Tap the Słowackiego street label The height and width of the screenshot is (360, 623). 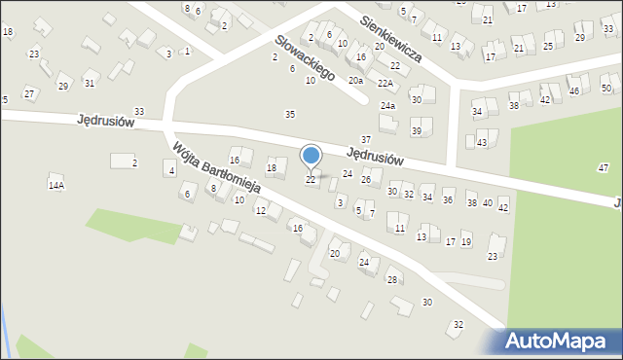[305, 57]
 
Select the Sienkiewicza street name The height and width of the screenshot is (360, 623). [389, 38]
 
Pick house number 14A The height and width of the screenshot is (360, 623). [55, 185]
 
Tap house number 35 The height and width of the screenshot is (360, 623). [289, 115]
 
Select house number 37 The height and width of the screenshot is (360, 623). [366, 140]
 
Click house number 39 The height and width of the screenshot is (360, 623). [416, 131]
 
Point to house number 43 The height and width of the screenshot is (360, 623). [482, 143]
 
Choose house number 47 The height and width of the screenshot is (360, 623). [603, 168]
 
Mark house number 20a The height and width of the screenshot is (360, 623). [356, 81]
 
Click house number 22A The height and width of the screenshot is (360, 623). [386, 84]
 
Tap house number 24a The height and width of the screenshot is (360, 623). [387, 105]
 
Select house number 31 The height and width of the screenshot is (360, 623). [90, 84]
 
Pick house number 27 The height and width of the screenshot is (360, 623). [29, 93]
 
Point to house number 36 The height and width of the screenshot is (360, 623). [448, 200]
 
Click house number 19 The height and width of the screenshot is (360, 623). [466, 241]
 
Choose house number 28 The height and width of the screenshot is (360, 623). [392, 280]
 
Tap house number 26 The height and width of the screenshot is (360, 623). [366, 180]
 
